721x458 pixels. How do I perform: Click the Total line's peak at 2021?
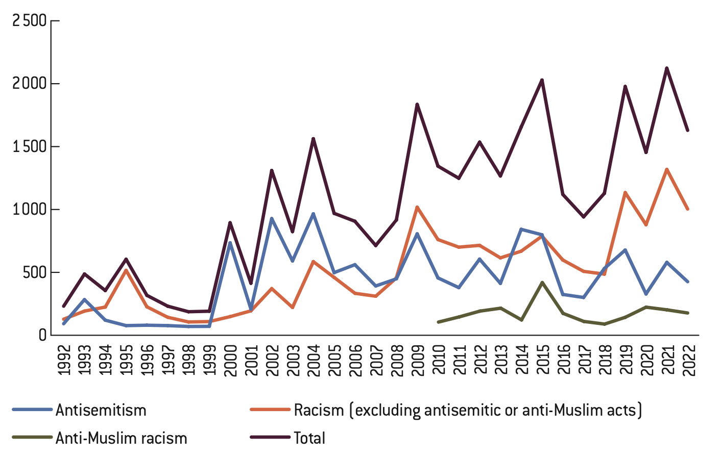[x=667, y=68]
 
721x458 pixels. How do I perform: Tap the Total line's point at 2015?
[x=542, y=80]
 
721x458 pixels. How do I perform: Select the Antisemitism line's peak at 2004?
[x=313, y=214]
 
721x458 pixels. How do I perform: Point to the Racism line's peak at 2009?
[x=417, y=207]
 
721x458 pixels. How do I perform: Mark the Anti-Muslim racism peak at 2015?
[x=542, y=282]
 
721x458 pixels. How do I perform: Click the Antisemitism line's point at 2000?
[x=230, y=243]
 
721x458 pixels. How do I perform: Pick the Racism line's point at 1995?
[x=126, y=270]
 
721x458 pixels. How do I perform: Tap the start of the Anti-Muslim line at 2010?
[x=438, y=322]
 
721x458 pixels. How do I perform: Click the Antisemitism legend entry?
[x=101, y=410]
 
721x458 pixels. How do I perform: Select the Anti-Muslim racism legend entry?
[x=122, y=438]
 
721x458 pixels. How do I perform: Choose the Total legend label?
[x=309, y=438]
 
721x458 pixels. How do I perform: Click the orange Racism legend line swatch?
[x=270, y=410]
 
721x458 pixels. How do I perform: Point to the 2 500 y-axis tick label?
[x=29, y=21]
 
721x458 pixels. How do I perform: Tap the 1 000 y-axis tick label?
[x=29, y=210]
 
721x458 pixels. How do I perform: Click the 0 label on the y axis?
[x=42, y=335]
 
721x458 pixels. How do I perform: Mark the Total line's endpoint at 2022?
[x=688, y=131]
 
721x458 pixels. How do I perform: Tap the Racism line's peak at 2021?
[x=667, y=169]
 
